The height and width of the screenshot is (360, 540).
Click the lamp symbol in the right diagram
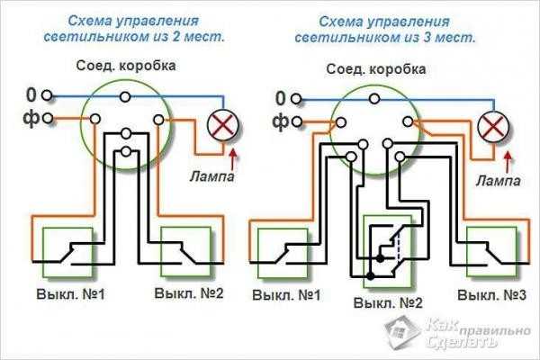point(490,126)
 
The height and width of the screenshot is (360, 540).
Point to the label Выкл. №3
point(490,295)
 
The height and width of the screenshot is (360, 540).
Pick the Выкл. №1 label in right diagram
point(287,295)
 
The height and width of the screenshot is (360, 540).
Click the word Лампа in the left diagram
point(212,176)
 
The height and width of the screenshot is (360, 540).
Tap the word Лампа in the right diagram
point(498,181)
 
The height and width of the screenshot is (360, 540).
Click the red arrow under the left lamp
point(234,160)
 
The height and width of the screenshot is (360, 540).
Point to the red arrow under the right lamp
point(508,162)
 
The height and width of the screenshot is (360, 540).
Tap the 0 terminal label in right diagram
point(280,97)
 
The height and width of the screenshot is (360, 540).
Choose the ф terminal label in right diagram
point(280,120)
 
